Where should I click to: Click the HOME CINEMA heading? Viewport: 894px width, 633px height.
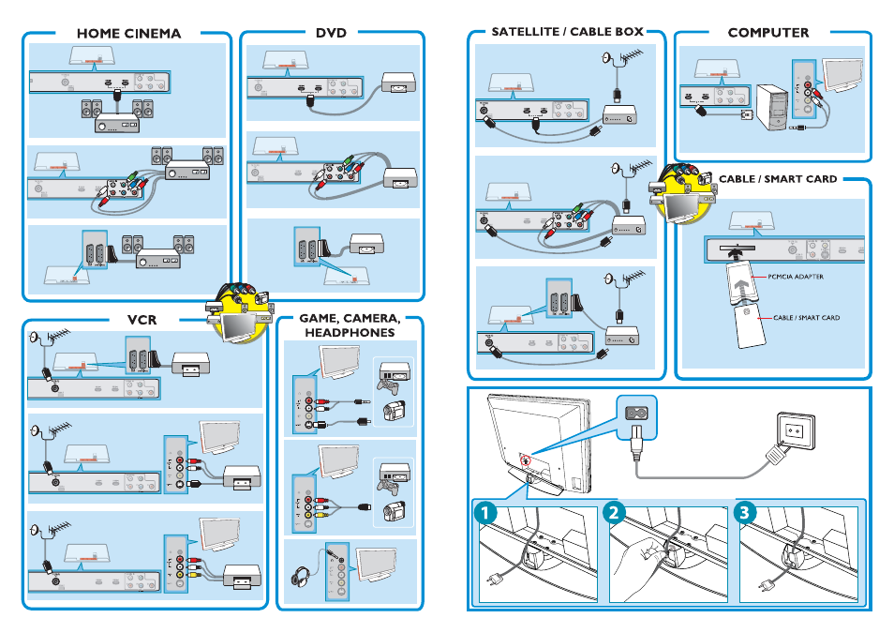click(128, 33)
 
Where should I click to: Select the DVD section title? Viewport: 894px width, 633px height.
click(331, 33)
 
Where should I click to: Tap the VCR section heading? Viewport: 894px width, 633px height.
click(142, 321)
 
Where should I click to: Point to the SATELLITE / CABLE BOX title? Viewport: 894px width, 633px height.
click(567, 32)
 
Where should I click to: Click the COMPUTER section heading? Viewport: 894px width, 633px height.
click(767, 33)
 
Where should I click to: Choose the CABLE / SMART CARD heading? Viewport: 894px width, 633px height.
click(777, 179)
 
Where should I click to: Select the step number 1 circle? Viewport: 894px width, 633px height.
click(486, 513)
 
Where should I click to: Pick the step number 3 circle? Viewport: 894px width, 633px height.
click(745, 513)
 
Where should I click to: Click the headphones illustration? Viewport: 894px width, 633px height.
click(304, 575)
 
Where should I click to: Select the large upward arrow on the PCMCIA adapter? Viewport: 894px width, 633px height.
click(740, 279)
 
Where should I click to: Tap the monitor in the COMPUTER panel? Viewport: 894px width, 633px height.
click(842, 77)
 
